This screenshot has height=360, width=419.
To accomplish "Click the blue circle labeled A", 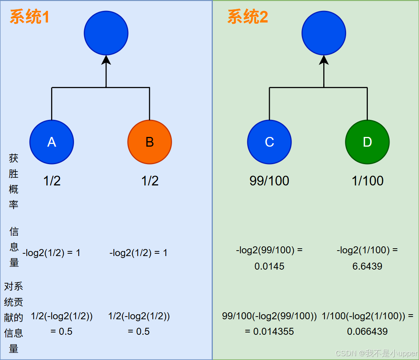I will (52, 142).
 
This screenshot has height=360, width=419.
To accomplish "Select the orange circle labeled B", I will (150, 142).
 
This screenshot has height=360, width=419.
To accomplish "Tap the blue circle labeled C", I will (269, 142).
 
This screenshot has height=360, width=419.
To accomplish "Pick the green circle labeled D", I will (367, 142).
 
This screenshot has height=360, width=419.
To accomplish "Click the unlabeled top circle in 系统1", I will (106, 33).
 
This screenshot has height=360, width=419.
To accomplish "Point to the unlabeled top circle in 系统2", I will (324, 33).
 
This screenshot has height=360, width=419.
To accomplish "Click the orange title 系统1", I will (29, 17).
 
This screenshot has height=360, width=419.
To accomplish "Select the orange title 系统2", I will (247, 17).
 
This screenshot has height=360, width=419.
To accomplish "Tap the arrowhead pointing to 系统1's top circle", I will (106, 60).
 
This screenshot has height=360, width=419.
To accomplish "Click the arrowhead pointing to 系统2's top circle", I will (324, 60).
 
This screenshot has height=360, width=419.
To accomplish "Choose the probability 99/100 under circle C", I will (269, 181).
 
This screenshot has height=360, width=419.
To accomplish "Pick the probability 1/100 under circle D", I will (367, 181).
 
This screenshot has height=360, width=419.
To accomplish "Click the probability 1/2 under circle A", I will (52, 181).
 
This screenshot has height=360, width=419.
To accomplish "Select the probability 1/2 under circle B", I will (150, 181).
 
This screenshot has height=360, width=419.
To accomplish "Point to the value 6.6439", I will (367, 267).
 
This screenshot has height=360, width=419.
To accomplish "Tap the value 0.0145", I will (269, 267).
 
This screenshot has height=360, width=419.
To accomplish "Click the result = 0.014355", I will (269, 332).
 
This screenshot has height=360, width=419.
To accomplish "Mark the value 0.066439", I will (367, 332).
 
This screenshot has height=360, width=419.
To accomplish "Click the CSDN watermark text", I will (376, 353).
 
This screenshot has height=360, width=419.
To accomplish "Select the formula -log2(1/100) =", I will (367, 250).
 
